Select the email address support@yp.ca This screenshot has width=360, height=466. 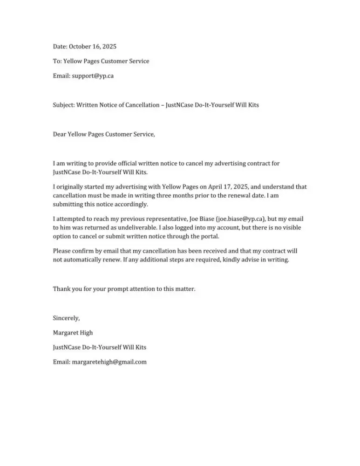click(x=93, y=75)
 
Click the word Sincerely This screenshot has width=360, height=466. click(x=66, y=318)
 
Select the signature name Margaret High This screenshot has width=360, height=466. click(x=73, y=333)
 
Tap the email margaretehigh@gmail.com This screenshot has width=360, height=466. click(x=109, y=362)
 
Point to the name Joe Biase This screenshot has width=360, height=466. click(x=202, y=219)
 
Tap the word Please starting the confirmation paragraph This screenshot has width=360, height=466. click(x=62, y=251)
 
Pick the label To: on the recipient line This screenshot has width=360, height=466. click(x=57, y=61)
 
